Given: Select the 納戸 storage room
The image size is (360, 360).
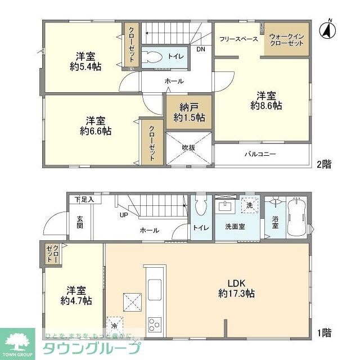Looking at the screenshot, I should (188, 112).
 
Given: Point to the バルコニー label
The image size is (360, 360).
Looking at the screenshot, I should (260, 154).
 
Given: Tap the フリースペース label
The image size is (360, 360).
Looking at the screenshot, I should (239, 39).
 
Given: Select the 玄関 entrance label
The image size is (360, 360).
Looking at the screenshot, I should (80, 222).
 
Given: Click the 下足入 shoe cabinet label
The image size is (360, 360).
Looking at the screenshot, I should (85, 199).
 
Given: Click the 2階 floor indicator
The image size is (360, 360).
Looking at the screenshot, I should (323, 164).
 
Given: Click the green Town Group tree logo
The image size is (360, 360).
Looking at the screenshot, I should (17, 342).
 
